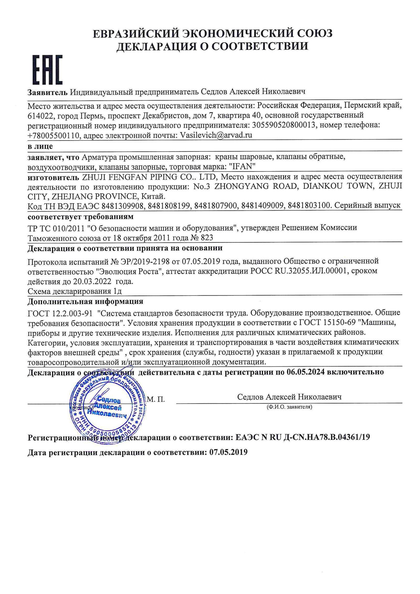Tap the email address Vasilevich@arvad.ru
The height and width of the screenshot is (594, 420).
215,135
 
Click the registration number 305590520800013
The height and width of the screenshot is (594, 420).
283,125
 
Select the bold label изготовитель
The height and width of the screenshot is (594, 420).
53,177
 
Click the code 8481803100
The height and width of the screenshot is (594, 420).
309,206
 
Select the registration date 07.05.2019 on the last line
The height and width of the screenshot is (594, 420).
228,452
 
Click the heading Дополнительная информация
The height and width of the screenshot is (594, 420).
85,301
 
